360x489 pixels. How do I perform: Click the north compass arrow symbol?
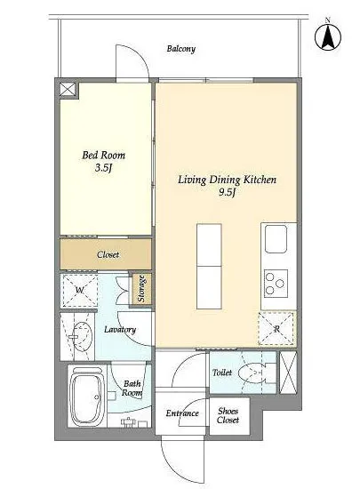pos(328,36)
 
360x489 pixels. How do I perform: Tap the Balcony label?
pos(181,49)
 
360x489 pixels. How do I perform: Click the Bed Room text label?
pos(103,155)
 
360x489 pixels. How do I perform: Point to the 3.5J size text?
pos(103,168)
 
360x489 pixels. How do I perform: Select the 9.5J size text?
pos(227,192)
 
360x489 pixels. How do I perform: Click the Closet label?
pos(108,254)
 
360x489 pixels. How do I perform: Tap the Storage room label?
pos(141,288)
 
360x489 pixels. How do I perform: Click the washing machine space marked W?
pos(79,291)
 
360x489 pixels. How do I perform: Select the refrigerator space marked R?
pos(276,328)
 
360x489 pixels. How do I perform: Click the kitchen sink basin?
pos(276,239)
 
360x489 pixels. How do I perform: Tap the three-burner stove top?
pos(276,283)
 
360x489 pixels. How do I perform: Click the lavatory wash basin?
pos(83,337)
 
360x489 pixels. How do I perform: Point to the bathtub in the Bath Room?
pos(87,397)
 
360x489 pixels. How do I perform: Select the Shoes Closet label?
pos(228,415)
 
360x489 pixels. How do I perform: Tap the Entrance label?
pos(182,413)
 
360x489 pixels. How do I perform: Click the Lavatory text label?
pos(120,330)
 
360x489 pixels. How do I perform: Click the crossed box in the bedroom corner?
pos(68,90)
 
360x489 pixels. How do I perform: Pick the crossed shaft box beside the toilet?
pos(288,373)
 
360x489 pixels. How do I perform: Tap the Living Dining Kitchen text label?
pos(227,180)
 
